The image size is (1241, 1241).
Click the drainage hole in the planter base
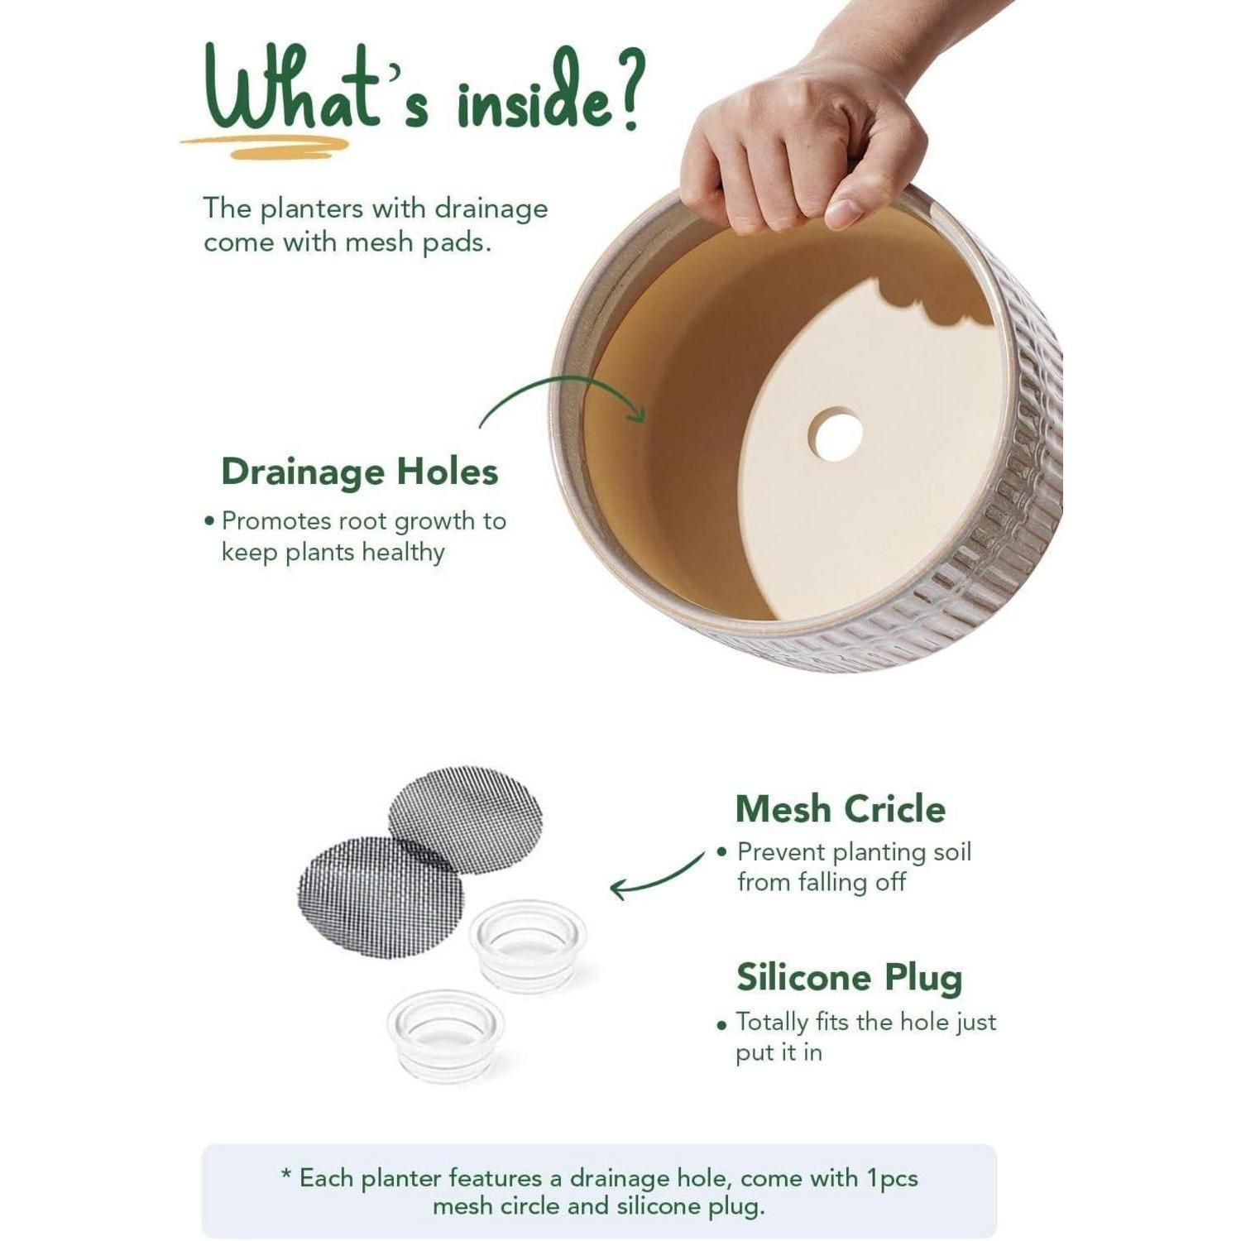[836, 434]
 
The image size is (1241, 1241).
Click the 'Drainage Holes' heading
[360, 472]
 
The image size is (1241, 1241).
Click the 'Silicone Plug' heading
[850, 978]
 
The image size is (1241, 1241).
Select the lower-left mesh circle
[381, 897]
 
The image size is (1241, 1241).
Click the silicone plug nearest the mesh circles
[528, 945]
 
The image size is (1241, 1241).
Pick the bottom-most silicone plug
[445, 1035]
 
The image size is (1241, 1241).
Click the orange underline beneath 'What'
[265, 146]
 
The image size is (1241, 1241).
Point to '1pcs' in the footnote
[892, 1179]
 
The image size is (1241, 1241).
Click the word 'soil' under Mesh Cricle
[951, 851]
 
